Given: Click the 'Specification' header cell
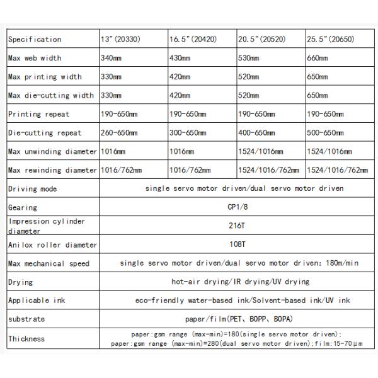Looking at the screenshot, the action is [x=35, y=39].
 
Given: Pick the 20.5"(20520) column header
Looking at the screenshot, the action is [x=261, y=39].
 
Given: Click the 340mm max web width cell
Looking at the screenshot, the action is [x=111, y=58].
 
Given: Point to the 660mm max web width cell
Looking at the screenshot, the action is [x=317, y=58].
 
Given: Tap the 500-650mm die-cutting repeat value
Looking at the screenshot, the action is [x=325, y=133].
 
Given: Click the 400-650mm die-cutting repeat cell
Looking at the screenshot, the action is [x=256, y=133].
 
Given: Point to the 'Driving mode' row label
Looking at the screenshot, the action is [x=32, y=189].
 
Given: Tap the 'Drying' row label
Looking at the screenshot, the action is [x=20, y=282].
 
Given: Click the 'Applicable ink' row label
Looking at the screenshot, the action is [x=35, y=301].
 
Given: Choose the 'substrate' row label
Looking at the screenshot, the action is [x=26, y=319].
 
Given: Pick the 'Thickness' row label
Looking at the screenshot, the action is [x=26, y=338].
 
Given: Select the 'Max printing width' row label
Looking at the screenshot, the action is [x=45, y=77].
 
